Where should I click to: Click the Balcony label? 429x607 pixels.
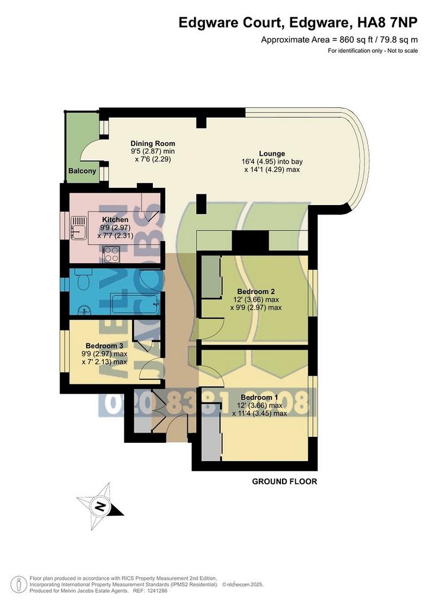[x=82, y=171]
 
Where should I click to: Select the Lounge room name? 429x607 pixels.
[x=272, y=154]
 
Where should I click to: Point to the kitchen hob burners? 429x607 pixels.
[x=111, y=254]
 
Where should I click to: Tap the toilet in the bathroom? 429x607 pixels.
[x=81, y=280]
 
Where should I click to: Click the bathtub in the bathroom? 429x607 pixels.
[x=135, y=304]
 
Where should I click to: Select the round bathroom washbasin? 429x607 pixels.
[x=84, y=309]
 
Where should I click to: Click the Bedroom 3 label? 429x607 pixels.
[x=104, y=346]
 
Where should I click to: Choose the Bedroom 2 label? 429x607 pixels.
[x=256, y=292]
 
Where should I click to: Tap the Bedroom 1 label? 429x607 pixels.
[x=259, y=397]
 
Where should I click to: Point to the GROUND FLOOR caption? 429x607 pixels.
[x=284, y=481]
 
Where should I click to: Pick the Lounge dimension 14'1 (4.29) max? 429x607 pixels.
[x=272, y=170]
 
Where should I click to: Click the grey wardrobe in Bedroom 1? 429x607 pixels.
[x=211, y=431]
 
